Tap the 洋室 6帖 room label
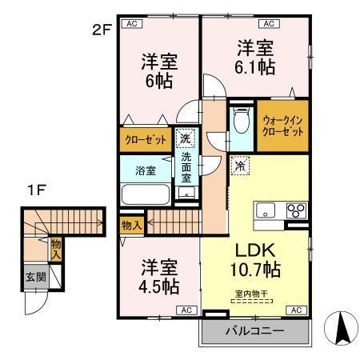158,70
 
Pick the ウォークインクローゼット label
282,126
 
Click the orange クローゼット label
145,139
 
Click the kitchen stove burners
294,211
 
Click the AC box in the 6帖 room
130,23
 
